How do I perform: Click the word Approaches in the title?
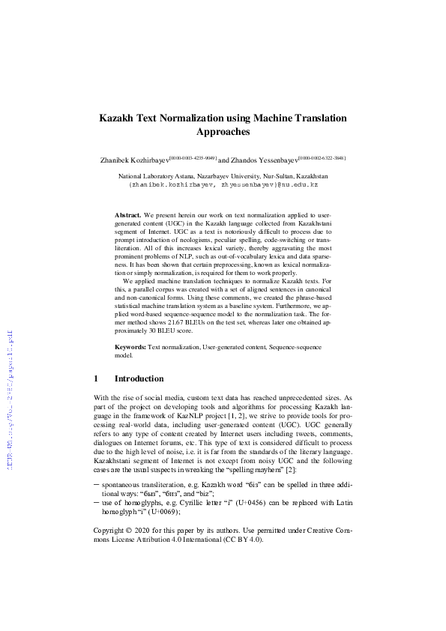coord(223,133)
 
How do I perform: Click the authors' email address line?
coord(223,184)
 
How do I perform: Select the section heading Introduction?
coord(139,379)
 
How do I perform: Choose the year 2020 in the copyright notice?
coord(147,530)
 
